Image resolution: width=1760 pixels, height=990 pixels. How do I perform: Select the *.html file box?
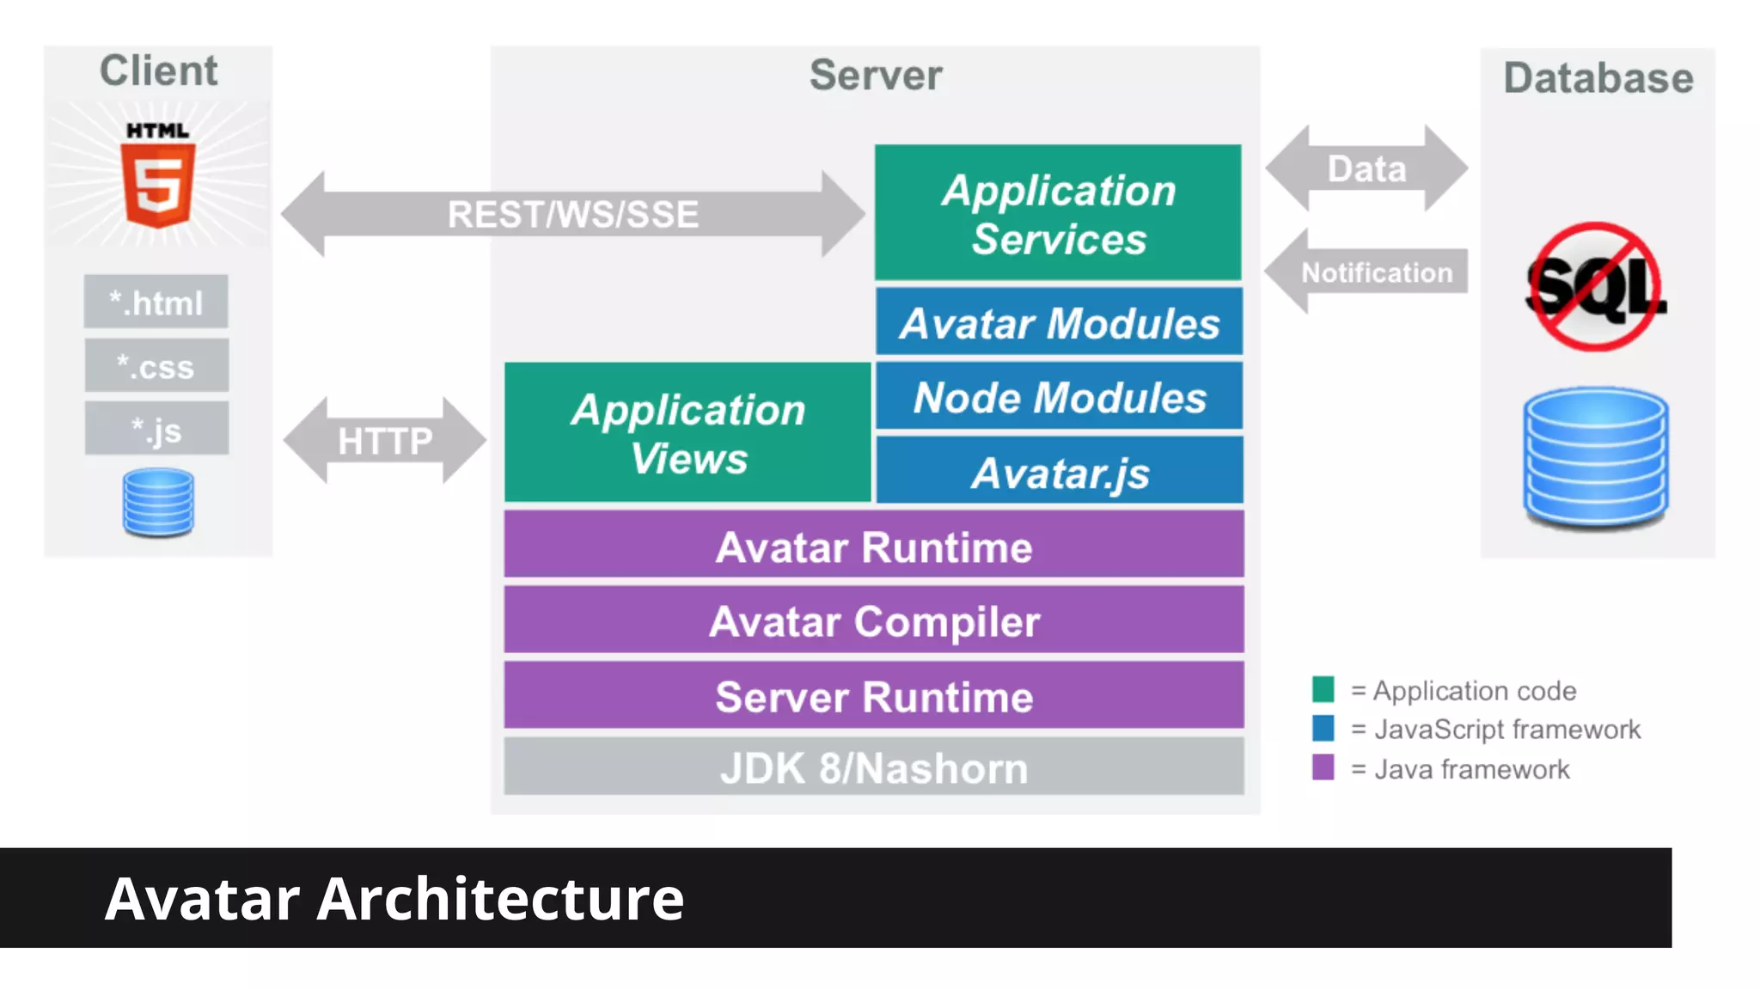pyautogui.click(x=156, y=302)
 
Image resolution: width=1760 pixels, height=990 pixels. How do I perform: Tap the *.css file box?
pyautogui.click(x=156, y=365)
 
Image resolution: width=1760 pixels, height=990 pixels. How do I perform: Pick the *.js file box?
pyautogui.click(x=156, y=428)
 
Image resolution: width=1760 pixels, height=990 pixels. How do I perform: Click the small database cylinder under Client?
pyautogui.click(x=158, y=502)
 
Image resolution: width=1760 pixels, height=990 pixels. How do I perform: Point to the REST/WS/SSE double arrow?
pyautogui.click(x=572, y=214)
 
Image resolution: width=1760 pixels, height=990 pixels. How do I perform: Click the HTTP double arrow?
pyautogui.click(x=384, y=441)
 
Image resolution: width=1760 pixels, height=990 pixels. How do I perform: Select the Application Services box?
pyautogui.click(x=1058, y=213)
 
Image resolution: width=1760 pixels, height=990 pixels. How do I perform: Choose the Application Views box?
pyautogui.click(x=687, y=432)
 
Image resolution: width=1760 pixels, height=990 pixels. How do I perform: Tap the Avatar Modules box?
pyautogui.click(x=1059, y=322)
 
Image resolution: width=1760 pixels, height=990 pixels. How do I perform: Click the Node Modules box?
pyautogui.click(x=1059, y=396)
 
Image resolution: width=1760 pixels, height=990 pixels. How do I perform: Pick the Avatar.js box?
pyautogui.click(x=1059, y=471)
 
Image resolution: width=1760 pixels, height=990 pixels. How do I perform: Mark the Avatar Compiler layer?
pyautogui.click(x=873, y=620)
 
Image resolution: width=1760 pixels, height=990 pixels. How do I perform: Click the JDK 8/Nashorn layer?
pyautogui.click(x=873, y=767)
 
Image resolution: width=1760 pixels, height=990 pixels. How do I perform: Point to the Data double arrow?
pyautogui.click(x=1366, y=168)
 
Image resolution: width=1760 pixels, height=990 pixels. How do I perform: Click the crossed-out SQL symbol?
pyautogui.click(x=1595, y=287)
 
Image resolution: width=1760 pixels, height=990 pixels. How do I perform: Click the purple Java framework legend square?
pyautogui.click(x=1323, y=767)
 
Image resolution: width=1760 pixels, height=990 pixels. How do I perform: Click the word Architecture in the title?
pyautogui.click(x=500, y=899)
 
